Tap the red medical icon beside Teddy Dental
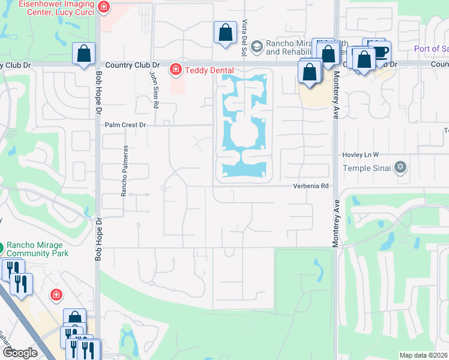pos(176,70)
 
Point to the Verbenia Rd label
pos(312,186)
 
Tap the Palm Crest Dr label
pos(125,125)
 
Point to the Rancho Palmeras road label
pos(125,170)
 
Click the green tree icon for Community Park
pos(1,245)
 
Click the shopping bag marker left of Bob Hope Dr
pos(84,53)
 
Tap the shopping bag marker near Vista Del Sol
pos(225,33)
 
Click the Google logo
pos(19,353)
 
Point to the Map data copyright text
pos(423,355)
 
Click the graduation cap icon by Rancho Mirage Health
pos(256,47)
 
